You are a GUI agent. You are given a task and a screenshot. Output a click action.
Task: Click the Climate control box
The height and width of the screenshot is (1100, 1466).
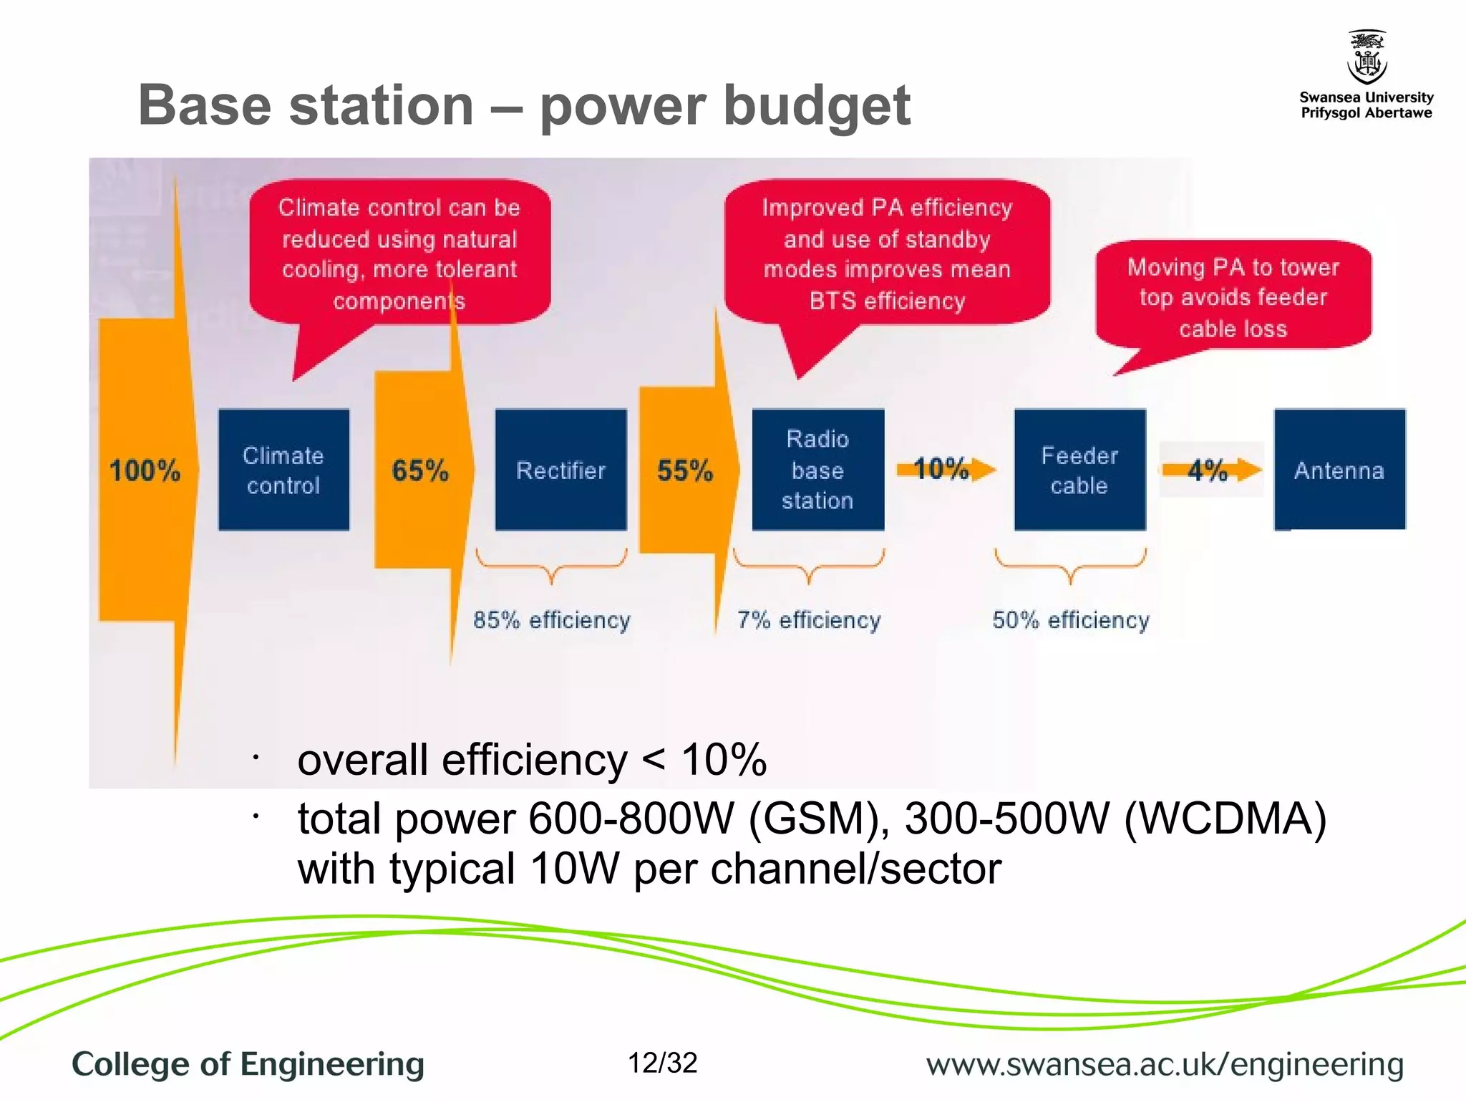[x=283, y=470]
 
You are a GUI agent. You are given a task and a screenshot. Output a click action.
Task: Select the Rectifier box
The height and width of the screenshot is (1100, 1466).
[x=560, y=470]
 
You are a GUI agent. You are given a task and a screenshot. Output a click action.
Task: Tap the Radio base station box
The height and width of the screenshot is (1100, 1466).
[x=817, y=470]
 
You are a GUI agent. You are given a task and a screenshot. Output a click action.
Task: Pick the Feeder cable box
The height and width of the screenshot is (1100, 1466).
[x=1079, y=470]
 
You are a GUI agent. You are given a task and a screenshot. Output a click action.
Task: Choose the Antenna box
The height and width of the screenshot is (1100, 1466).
[x=1339, y=470]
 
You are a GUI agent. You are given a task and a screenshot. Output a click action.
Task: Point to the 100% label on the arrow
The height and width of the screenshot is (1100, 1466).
[x=145, y=471]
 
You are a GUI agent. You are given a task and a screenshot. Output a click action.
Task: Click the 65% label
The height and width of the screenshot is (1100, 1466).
[x=420, y=471]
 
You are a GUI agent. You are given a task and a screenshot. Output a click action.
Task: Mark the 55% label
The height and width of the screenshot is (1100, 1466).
[x=685, y=471]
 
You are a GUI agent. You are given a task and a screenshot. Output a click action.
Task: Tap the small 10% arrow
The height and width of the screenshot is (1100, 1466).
[x=944, y=469]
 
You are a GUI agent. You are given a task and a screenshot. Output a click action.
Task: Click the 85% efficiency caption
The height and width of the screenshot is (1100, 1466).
[x=552, y=619]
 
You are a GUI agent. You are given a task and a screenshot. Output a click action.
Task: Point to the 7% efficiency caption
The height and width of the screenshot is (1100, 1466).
[x=809, y=619]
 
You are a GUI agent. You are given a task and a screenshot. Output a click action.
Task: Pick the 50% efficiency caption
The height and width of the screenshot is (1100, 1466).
[x=1071, y=619]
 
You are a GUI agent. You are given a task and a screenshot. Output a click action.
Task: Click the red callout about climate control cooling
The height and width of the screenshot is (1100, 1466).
[x=399, y=254]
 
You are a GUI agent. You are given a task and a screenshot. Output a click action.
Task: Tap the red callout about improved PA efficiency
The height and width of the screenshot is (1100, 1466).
[x=887, y=254]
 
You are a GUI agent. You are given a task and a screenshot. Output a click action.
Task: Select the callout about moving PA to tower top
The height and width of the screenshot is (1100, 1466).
[x=1233, y=297]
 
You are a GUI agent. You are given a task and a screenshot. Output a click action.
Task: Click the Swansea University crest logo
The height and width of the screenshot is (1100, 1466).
[x=1367, y=57]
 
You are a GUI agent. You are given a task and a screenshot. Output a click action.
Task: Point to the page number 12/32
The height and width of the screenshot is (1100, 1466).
[x=662, y=1063]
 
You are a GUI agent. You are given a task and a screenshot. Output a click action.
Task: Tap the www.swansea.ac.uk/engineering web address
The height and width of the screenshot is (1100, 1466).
[x=1165, y=1064]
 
